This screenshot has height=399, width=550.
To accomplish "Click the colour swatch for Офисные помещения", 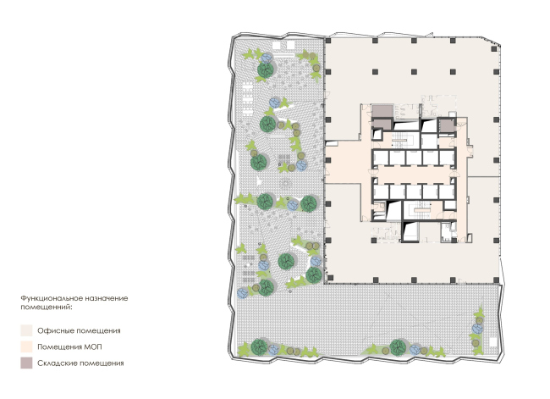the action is (26, 330).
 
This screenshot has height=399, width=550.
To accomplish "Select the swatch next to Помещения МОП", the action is (26, 346).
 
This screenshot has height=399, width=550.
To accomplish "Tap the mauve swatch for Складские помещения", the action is (26, 363).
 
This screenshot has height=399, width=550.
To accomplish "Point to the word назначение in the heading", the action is (105, 298).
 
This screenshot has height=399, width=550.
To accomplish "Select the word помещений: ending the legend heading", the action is (47, 307).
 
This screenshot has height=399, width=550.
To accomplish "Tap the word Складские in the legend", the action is (58, 363).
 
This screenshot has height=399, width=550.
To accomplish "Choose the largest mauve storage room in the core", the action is (382, 111).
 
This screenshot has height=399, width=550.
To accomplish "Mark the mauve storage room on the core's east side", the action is (447, 126).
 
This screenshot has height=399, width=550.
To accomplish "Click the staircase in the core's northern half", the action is (399, 140).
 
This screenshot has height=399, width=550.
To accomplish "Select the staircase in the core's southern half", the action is (421, 210).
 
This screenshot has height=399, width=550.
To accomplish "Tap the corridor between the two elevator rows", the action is (414, 175).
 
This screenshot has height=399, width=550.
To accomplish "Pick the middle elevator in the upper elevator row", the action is (415, 158).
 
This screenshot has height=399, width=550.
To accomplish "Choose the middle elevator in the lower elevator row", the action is (415, 191).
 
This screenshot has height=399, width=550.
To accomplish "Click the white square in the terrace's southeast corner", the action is (493, 341).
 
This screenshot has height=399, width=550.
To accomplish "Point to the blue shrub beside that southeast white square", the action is (477, 329).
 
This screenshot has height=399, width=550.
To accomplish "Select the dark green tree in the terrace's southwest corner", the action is (259, 347).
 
